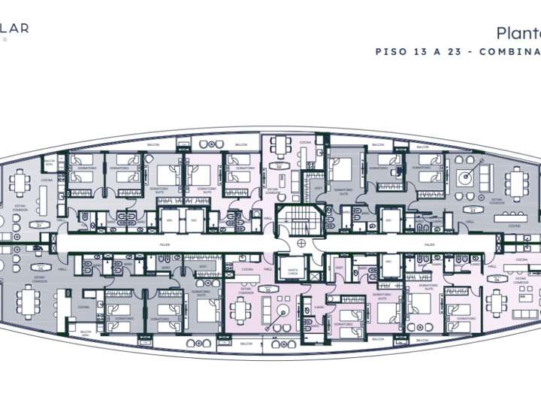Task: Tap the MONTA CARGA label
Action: (x=292, y=272)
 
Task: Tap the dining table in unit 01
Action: (x=20, y=181)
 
